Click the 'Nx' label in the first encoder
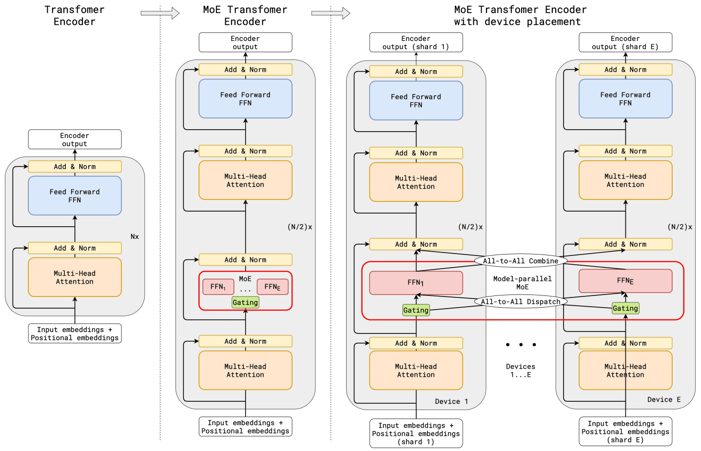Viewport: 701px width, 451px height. tap(135, 236)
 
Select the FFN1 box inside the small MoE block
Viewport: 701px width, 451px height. tap(218, 287)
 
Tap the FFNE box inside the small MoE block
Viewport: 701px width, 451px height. tap(273, 287)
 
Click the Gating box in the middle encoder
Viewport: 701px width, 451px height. tap(245, 303)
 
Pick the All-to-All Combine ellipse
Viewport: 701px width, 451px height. tap(521, 261)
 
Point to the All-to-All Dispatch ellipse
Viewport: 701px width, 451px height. tap(521, 301)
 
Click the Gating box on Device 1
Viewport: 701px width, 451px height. tap(416, 310)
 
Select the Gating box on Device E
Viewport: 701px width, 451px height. tap(625, 308)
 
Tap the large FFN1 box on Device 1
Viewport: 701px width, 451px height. tap(416, 283)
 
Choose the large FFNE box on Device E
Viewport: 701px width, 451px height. tap(625, 281)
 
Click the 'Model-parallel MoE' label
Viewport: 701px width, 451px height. tap(522, 283)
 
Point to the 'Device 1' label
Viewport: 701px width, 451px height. tap(451, 402)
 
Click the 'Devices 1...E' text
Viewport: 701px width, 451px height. tap(521, 371)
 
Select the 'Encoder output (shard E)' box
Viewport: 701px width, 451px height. tap(625, 42)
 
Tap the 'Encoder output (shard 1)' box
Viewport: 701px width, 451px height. tap(416, 42)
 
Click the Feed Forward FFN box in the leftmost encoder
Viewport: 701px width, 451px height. tap(75, 196)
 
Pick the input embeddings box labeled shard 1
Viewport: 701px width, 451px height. tap(416, 433)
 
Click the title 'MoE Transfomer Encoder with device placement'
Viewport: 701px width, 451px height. tap(520, 16)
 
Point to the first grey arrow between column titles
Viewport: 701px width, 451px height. tap(160, 13)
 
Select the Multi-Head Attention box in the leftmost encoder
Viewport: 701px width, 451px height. tap(75, 277)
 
